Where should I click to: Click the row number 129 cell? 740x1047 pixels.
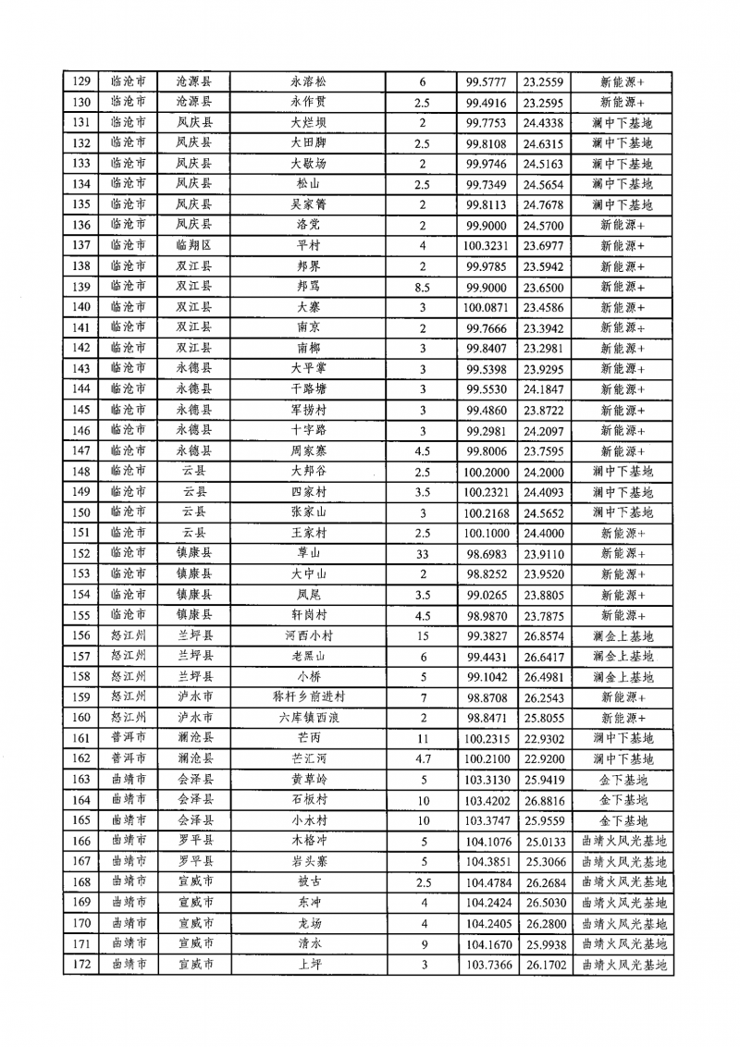point(81,80)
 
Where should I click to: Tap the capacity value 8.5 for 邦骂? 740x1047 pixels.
point(422,286)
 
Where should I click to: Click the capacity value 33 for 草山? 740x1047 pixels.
point(422,553)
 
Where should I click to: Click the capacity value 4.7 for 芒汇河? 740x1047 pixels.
point(422,758)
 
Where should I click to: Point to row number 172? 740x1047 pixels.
point(81,964)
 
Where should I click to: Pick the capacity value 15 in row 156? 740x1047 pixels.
point(422,635)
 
